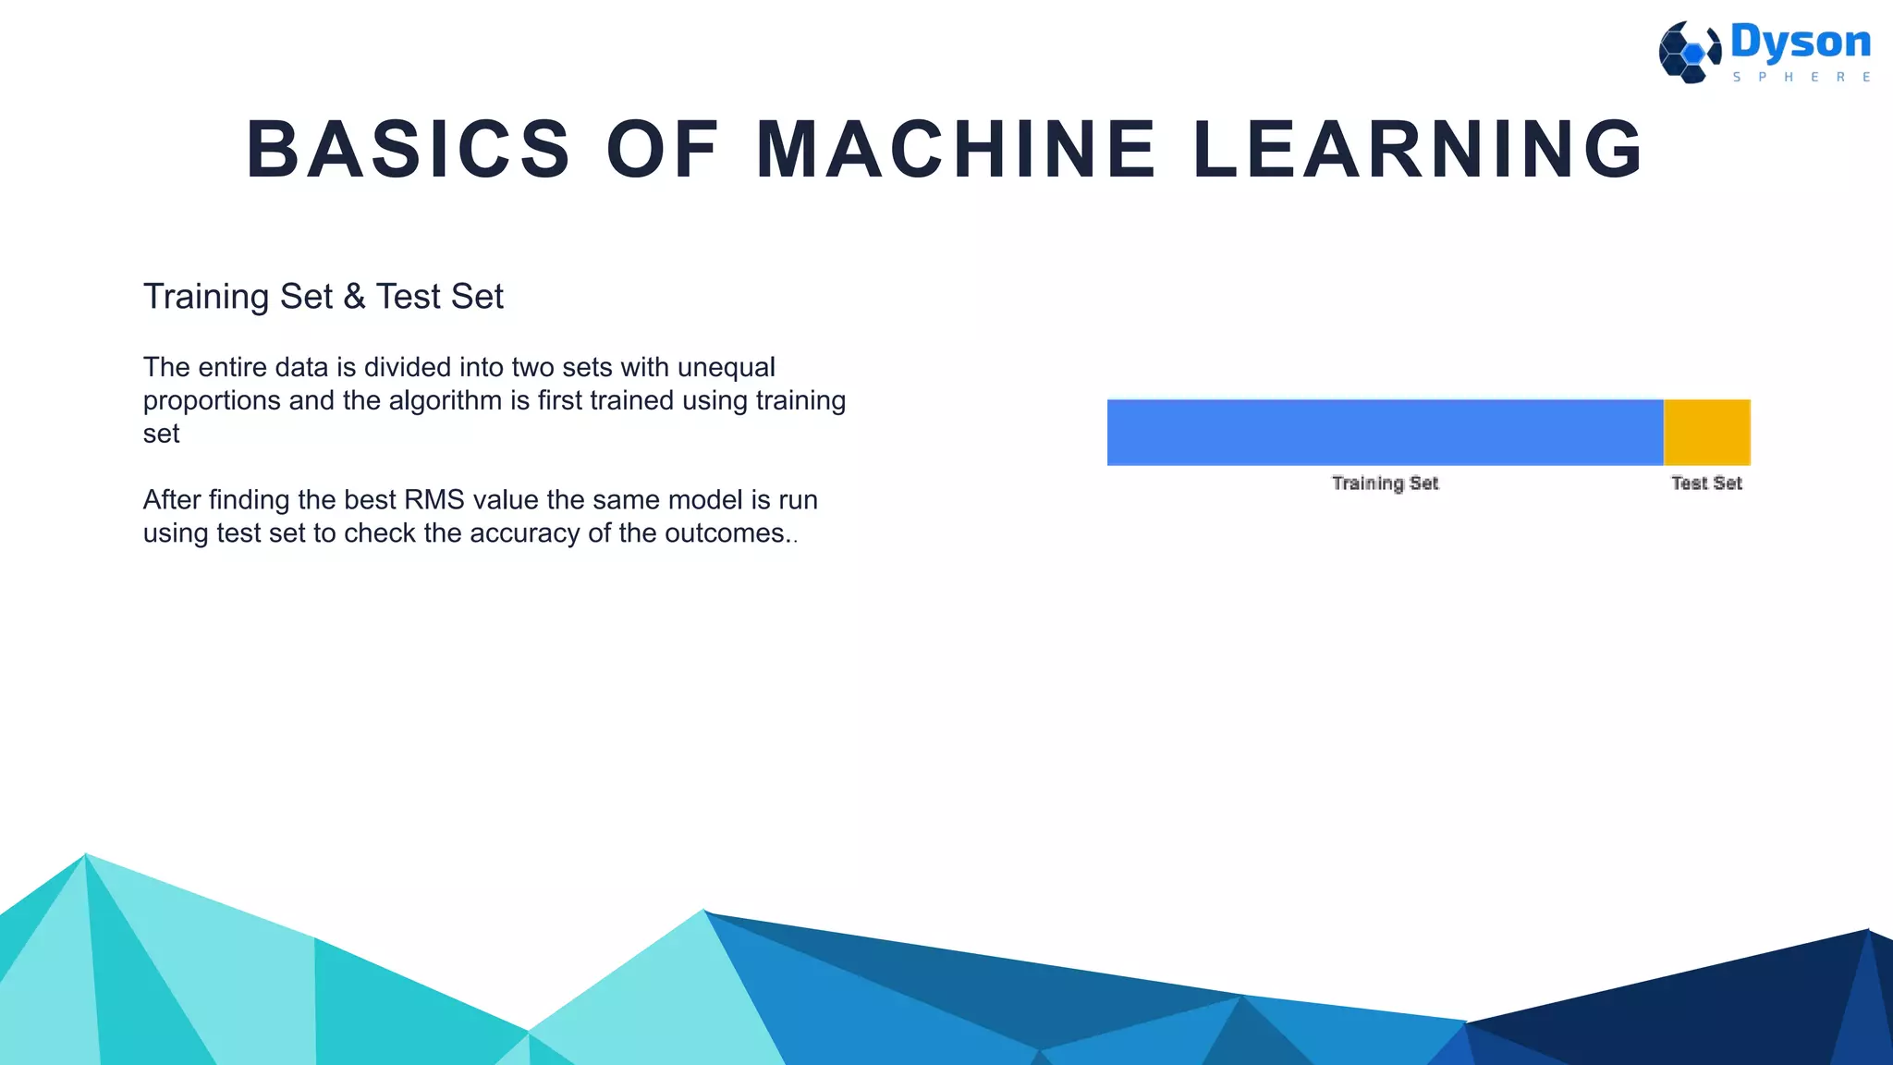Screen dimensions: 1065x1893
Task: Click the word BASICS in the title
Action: click(409, 150)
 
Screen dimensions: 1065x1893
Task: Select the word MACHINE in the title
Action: click(956, 150)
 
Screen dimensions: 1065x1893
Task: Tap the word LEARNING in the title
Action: click(1419, 150)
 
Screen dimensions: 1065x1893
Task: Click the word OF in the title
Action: click(663, 150)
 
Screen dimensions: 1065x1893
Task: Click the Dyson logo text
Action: click(1800, 43)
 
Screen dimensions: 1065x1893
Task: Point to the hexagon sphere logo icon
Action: click(1689, 53)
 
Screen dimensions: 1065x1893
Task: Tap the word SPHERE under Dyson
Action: click(1801, 78)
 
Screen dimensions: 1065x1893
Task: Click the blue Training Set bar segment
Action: click(1385, 433)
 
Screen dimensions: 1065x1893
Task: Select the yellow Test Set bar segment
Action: click(1706, 433)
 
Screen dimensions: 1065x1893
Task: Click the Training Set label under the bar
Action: click(1385, 483)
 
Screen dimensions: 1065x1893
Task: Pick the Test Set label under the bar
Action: click(1706, 483)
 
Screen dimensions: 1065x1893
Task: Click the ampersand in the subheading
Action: click(354, 297)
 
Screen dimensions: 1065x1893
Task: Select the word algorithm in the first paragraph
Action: click(446, 401)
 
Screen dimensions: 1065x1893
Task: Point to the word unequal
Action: click(726, 368)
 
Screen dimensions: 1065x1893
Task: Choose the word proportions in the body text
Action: click(212, 401)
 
